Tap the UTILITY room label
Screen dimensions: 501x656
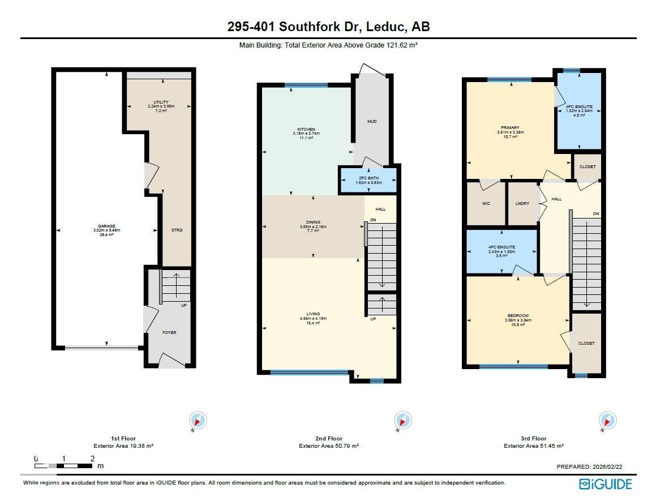tap(161, 102)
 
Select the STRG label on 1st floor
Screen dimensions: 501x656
tap(177, 230)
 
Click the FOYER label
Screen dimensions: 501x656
tap(169, 332)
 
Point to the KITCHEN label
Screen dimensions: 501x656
tap(306, 129)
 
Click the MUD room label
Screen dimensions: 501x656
tap(372, 122)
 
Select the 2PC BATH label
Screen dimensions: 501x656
tap(368, 178)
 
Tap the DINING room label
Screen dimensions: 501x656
tap(313, 222)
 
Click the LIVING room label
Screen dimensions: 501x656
tap(313, 314)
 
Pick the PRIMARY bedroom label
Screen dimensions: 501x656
tap(510, 128)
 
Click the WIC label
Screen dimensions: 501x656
tap(486, 203)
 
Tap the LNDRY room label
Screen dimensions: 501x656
tap(522, 203)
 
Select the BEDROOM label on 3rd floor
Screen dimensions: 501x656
tap(518, 315)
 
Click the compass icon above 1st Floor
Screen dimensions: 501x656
tap(198, 421)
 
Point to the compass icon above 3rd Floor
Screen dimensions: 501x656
tap(607, 421)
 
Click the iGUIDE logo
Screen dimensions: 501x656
tap(605, 484)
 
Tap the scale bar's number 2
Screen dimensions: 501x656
tap(92, 459)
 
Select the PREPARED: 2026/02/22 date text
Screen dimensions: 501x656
tap(590, 467)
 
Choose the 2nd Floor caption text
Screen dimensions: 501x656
tap(329, 438)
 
